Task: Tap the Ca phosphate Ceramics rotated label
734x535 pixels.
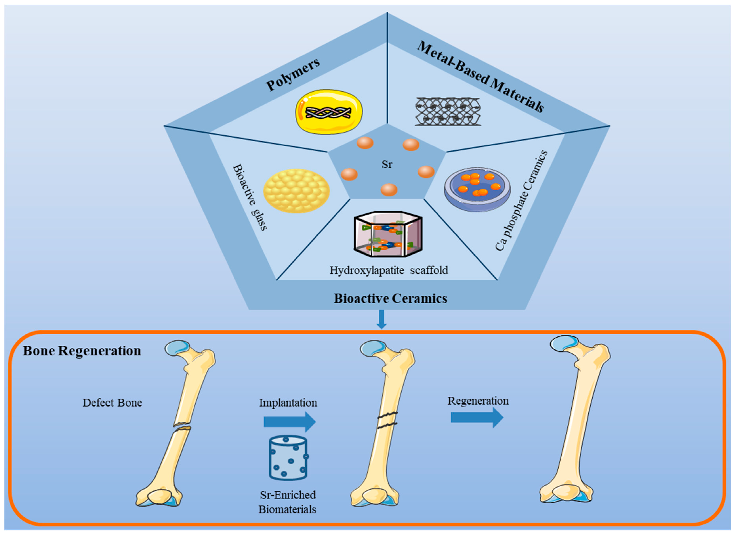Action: click(x=522, y=201)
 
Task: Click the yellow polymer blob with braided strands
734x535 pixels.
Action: click(x=329, y=112)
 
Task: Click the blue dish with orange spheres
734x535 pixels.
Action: click(x=477, y=190)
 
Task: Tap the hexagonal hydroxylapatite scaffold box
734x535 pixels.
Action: click(x=388, y=234)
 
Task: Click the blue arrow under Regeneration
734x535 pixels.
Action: click(x=477, y=418)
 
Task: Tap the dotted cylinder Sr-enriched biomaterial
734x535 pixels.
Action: click(x=288, y=458)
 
